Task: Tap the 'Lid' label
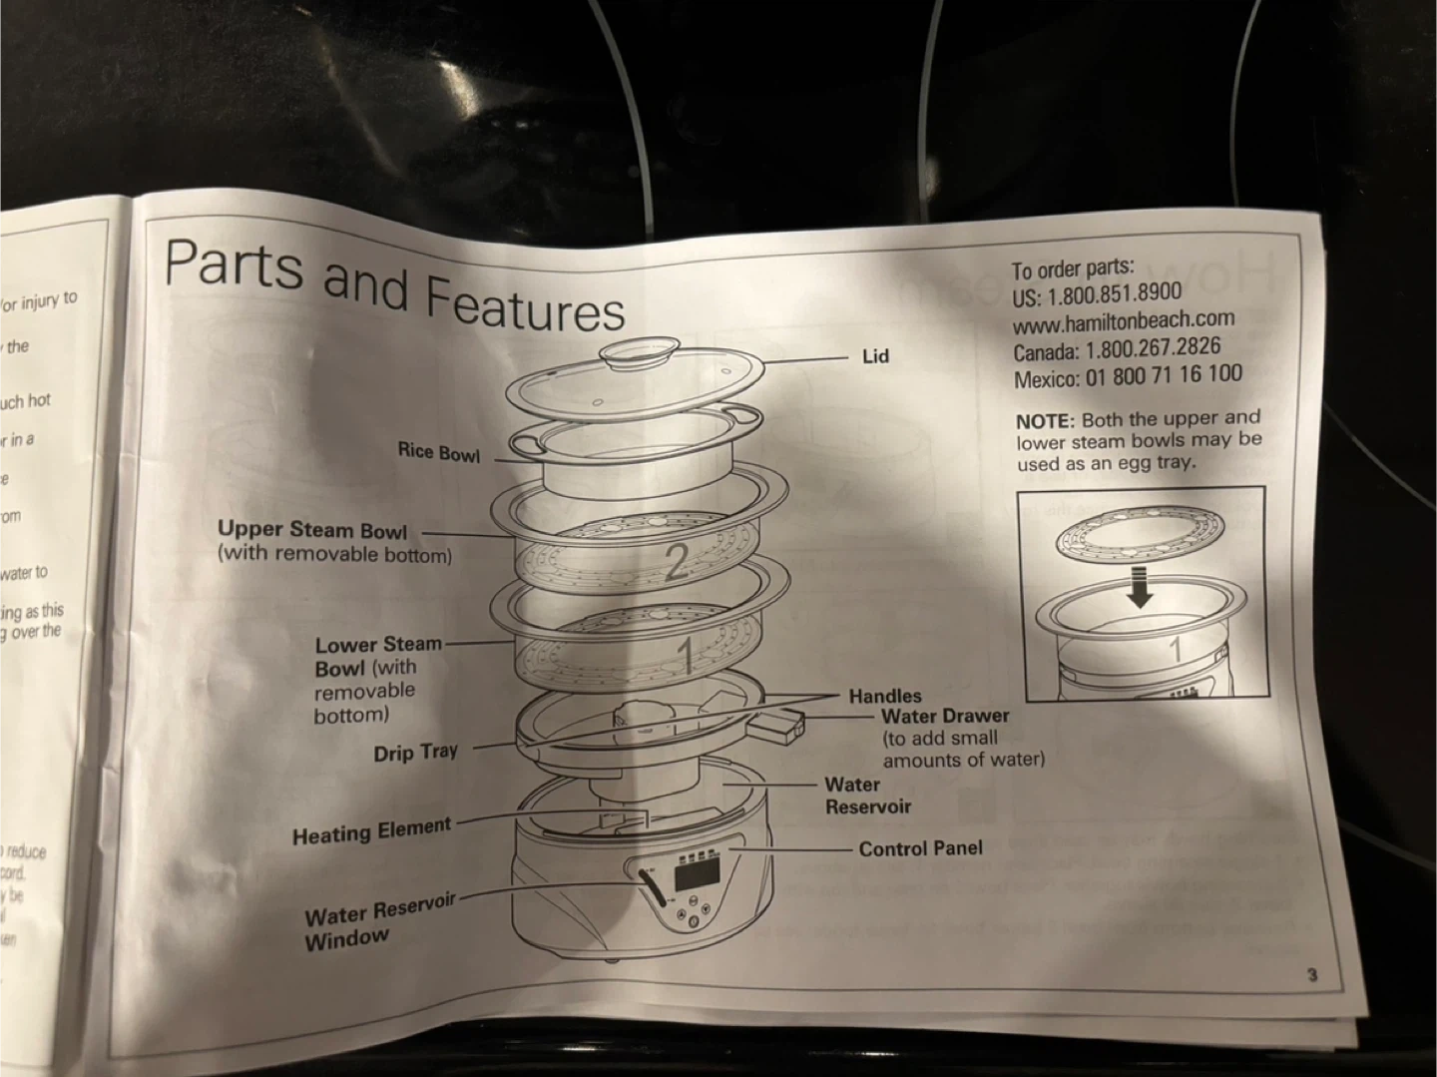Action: (875, 356)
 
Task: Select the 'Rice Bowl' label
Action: (438, 452)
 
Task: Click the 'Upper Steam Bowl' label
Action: (312, 530)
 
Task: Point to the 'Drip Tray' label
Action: (415, 753)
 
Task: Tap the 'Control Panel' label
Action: (920, 848)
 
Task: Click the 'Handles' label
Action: (885, 696)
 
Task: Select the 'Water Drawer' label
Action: (944, 716)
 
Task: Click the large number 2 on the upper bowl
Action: (677, 563)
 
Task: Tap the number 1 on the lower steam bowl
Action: (686, 655)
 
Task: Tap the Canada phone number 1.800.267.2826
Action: (1153, 349)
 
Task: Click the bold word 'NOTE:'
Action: (1045, 422)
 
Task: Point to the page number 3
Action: (1312, 974)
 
